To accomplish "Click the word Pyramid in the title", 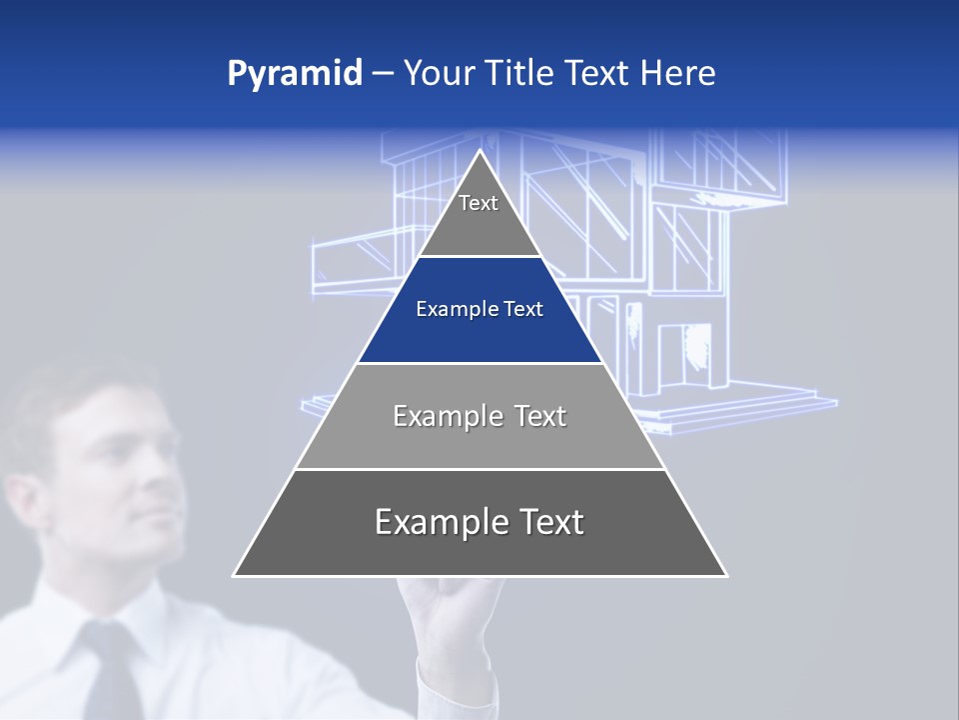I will (295, 74).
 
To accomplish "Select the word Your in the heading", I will (438, 74).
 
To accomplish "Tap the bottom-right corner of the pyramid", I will (725, 575).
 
